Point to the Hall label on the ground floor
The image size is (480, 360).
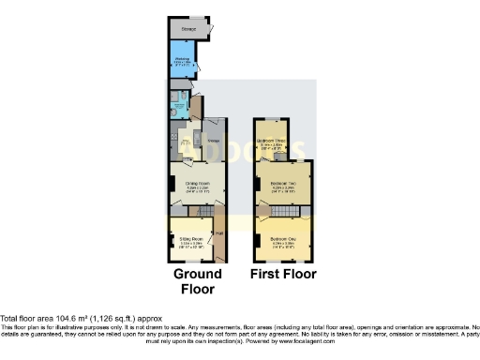pyautogui.click(x=219, y=234)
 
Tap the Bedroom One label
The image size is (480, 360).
pyautogui.click(x=283, y=240)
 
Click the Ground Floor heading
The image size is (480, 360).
pyautogui.click(x=197, y=281)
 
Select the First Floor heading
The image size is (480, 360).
pyautogui.click(x=282, y=275)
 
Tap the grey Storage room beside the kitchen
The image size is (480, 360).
pyautogui.click(x=215, y=141)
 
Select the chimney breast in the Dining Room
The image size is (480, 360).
pyautogui.click(x=171, y=184)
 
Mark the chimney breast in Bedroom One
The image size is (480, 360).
pyautogui.click(x=257, y=240)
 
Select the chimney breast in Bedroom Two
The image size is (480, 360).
pyautogui.click(x=257, y=184)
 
